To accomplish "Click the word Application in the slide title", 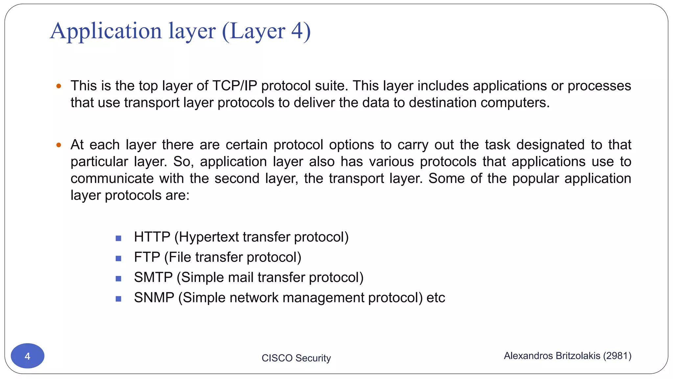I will pyautogui.click(x=106, y=31).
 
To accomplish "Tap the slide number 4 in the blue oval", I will pyautogui.click(x=28, y=356).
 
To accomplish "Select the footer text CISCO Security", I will pyautogui.click(x=296, y=358).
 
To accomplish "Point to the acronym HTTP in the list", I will pyautogui.click(x=152, y=237).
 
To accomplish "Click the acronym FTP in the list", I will pyautogui.click(x=147, y=257).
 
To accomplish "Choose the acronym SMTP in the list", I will pyautogui.click(x=153, y=277).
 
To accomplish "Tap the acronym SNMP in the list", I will pyautogui.click(x=154, y=298).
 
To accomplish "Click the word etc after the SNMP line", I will pyautogui.click(x=436, y=298).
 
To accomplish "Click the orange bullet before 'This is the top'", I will pyautogui.click(x=59, y=86).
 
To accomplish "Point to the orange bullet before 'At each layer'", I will pyautogui.click(x=59, y=145).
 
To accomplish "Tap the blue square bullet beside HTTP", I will pyautogui.click(x=119, y=238).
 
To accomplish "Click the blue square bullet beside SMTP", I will pyautogui.click(x=119, y=279).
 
